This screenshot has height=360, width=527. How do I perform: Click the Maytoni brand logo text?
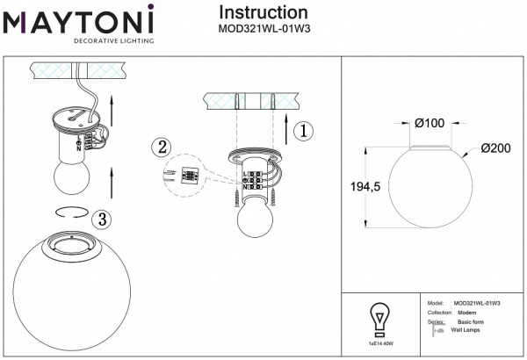point(79,18)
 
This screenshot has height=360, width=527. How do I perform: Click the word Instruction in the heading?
point(263,12)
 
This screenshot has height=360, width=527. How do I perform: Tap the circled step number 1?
point(300,132)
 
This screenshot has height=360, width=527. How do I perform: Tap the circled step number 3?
point(103,218)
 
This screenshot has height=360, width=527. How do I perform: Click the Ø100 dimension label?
point(430,124)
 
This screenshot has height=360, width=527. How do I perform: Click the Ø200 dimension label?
point(496,148)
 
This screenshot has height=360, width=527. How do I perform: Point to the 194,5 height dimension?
point(362,187)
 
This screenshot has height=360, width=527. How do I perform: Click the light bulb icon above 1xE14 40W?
point(379,318)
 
